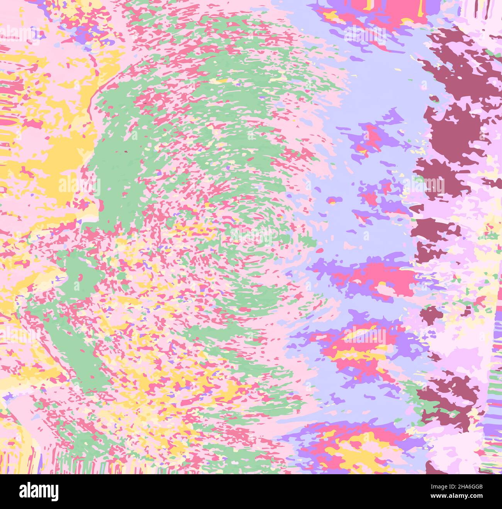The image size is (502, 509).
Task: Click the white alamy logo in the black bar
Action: (39, 491)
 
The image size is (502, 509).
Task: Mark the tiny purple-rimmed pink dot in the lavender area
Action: (332, 200)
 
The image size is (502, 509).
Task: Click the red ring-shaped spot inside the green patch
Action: (80, 277)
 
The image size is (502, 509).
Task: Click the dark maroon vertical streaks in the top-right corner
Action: (479, 10)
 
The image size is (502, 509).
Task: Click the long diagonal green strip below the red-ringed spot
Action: (77, 348)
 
